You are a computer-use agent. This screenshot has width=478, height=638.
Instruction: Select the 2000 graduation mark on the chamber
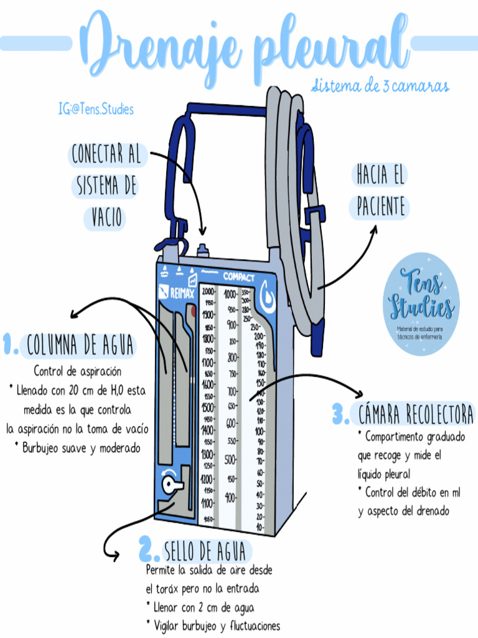[x=207, y=292]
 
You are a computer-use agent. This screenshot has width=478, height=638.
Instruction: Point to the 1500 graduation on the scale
[x=207, y=407]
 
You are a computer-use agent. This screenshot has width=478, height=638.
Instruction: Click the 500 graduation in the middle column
[x=231, y=460]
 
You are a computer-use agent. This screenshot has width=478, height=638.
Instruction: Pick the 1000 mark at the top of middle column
[x=230, y=294]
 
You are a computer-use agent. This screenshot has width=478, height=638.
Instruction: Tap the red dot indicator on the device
[x=194, y=310]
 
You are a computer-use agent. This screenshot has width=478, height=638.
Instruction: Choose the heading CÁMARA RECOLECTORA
[x=416, y=414]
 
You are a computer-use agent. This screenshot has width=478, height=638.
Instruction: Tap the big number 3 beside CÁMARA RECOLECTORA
[x=340, y=414]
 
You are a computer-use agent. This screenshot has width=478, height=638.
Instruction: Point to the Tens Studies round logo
[x=421, y=303]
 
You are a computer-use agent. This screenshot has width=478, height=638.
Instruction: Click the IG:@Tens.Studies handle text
[x=96, y=110]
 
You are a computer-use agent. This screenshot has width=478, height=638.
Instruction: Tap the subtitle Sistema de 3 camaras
[x=380, y=85]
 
